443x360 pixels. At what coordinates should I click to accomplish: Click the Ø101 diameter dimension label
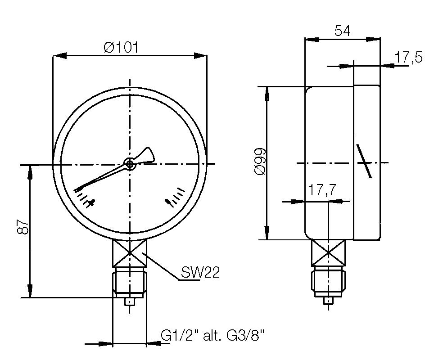(120, 47)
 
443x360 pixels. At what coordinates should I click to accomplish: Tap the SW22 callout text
(200, 272)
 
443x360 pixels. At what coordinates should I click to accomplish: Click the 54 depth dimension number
(342, 31)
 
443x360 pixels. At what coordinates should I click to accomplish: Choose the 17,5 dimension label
(409, 58)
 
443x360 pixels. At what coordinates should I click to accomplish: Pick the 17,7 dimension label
(322, 190)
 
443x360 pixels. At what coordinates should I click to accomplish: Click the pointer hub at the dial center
(130, 165)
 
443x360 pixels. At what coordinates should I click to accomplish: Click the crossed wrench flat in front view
(130, 253)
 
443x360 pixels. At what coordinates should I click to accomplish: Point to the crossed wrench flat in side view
(329, 253)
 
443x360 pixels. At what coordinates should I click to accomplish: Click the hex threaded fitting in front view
(130, 281)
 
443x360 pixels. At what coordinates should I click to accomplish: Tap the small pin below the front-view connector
(130, 302)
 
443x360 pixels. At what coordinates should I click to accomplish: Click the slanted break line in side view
(364, 161)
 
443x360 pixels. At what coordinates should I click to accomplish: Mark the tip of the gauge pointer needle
(77, 189)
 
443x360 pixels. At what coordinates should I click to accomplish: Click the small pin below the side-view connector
(329, 300)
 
